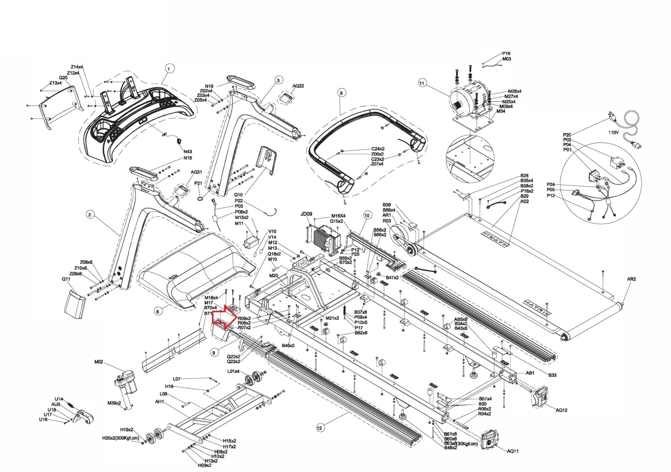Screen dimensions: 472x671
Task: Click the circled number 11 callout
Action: point(422,83)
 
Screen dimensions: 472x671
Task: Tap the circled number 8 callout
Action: point(341,93)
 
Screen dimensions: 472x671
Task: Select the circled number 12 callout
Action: point(319,427)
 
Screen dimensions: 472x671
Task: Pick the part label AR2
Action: point(631,279)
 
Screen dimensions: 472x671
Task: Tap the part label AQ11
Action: point(513,451)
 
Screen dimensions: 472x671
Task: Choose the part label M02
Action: point(99,362)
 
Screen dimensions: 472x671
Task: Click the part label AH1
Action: point(160,402)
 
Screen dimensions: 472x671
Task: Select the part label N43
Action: point(188,152)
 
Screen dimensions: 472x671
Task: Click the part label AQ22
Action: point(298,86)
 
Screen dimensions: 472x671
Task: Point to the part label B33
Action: point(552,375)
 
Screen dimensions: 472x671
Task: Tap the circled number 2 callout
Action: point(89,215)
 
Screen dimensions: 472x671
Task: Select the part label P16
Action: point(506,53)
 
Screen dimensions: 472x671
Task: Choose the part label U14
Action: point(59,399)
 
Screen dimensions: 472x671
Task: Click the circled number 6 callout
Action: point(158,311)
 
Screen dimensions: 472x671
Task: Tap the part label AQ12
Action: point(562,410)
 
